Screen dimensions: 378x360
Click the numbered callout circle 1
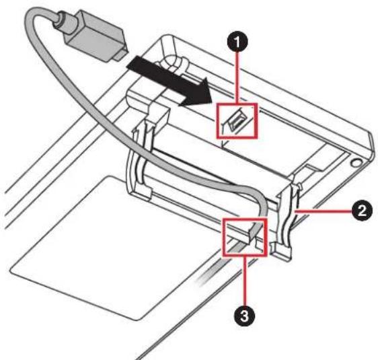tap(237, 42)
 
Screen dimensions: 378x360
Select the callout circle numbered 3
tap(244, 316)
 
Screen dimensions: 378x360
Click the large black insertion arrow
tap(169, 82)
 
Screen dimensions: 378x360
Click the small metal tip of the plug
tap(120, 55)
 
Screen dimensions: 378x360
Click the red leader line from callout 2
tap(324, 211)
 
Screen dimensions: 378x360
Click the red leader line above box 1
tap(237, 77)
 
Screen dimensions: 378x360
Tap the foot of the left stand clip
tap(140, 194)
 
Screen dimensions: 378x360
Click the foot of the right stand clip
tap(281, 251)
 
